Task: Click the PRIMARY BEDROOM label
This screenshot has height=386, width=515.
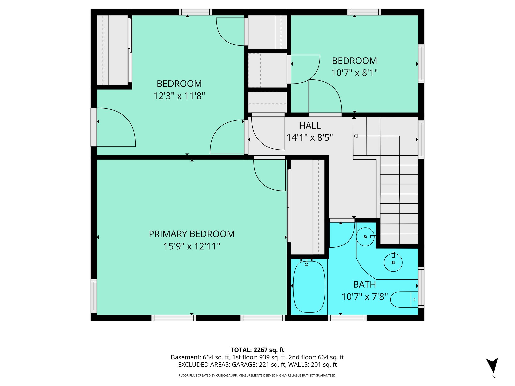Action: pos(192,234)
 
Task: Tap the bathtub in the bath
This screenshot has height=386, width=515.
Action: pos(309,287)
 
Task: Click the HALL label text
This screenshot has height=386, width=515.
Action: pos(310,125)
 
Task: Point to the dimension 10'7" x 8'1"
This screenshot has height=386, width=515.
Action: pos(354,73)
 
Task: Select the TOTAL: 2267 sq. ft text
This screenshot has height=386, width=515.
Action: pos(257,350)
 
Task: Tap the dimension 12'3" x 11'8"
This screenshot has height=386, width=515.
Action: pos(179,96)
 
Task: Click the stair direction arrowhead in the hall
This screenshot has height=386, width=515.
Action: pos(355,136)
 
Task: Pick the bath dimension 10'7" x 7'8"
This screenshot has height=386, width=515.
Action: pos(364,297)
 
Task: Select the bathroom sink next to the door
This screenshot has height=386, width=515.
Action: pos(365,237)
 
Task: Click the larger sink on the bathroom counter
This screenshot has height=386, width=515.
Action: pos(393,262)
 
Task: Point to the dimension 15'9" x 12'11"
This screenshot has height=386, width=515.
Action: pos(192,246)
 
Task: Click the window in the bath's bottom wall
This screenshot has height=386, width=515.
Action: pos(347,318)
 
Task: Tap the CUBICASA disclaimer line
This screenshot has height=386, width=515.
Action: pos(257,376)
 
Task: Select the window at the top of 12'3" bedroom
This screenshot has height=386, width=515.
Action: pos(195,12)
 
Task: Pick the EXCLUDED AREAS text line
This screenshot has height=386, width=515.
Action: pos(257,365)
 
